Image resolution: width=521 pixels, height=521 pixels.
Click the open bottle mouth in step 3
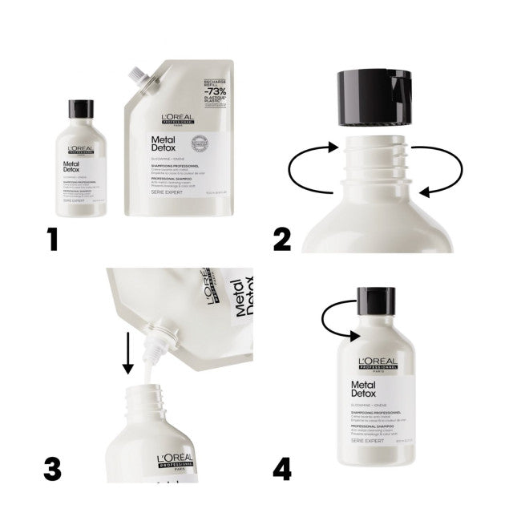click(x=153, y=390)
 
